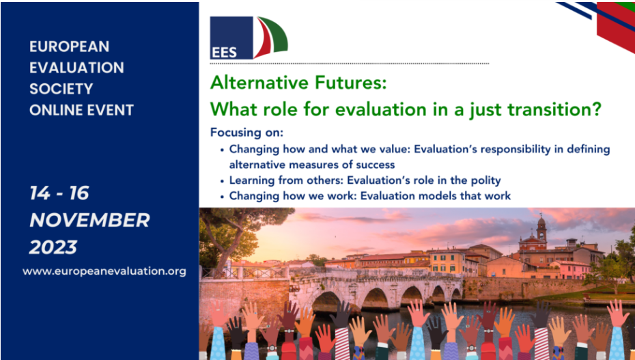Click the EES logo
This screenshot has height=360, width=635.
click(249, 38)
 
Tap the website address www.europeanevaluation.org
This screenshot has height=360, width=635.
click(104, 271)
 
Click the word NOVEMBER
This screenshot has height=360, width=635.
click(89, 220)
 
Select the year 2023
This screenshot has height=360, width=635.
click(53, 247)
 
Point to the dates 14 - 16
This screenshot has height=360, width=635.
click(59, 193)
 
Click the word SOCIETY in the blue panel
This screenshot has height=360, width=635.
click(61, 89)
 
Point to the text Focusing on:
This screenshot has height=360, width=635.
click(246, 133)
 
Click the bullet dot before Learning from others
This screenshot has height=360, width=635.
click(222, 181)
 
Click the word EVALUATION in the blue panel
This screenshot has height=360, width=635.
click(76, 68)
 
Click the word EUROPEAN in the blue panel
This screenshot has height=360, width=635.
click(69, 46)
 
